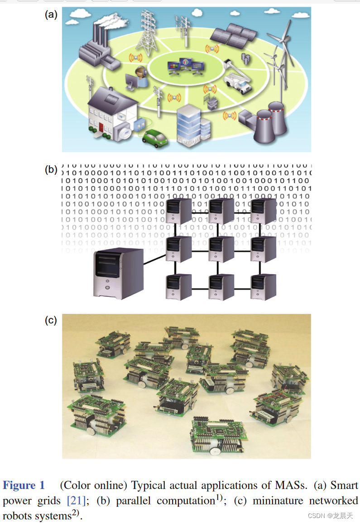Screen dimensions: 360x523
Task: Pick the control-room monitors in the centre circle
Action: coord(186,67)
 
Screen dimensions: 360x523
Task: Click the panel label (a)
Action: coord(51,14)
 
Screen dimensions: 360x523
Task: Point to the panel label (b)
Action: coord(51,170)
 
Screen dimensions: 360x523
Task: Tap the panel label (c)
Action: coord(51,321)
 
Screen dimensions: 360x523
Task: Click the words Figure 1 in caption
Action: coord(24,486)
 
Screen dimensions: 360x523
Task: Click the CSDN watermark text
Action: coord(330,515)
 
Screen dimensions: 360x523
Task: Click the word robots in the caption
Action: coord(17,515)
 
